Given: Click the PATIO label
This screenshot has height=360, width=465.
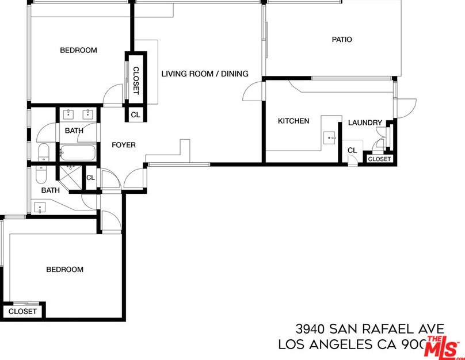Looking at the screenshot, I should point(341,40).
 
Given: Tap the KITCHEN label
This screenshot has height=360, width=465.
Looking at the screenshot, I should point(294,121).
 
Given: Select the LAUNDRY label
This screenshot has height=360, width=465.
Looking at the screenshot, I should point(365,122).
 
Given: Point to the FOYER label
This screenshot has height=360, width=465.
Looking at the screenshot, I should point(124,145).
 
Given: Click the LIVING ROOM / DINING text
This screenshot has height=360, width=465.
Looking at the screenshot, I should point(204,74).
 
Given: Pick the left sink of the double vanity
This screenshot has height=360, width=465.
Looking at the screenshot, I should point(70,113).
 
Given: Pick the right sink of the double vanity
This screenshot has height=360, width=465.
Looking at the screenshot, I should point(89,113).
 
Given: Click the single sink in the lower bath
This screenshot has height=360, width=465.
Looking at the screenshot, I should point(39,207).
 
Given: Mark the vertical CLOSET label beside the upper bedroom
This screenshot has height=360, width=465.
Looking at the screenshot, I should point(136,80).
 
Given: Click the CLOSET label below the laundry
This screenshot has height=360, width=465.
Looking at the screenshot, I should point(379,159).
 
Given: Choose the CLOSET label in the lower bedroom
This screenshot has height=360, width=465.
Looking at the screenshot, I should point(22,311).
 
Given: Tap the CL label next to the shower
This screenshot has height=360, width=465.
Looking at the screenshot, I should point(90,178).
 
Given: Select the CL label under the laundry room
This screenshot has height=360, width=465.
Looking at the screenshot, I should point(352,150).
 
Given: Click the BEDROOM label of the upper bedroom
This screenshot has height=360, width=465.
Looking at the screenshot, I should point(78,51).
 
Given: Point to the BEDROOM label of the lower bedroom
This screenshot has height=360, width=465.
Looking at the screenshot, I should point(64,269).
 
